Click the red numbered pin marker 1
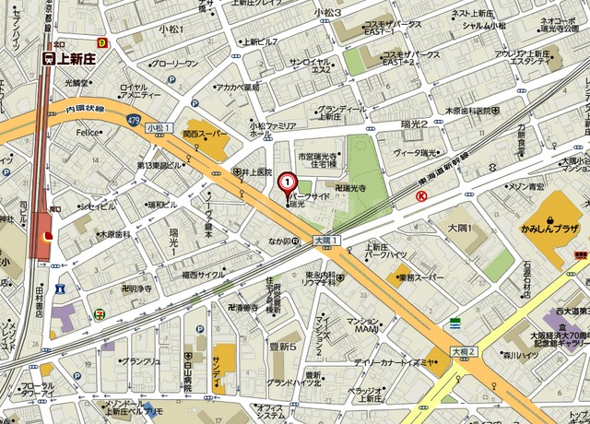[287, 183]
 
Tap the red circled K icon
[421, 196]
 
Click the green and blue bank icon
[455, 323]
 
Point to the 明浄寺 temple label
[136, 289]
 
